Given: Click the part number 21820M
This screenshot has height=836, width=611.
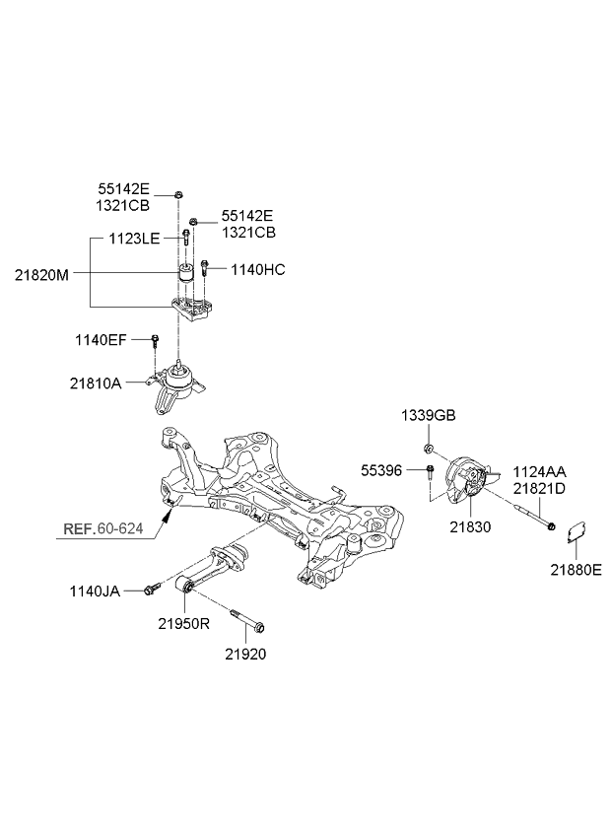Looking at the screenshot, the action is (x=41, y=275).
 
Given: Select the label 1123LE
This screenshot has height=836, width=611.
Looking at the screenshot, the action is (x=134, y=239).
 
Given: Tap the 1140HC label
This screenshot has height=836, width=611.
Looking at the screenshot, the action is (x=258, y=270).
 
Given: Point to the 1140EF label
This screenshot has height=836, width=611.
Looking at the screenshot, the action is (x=101, y=339).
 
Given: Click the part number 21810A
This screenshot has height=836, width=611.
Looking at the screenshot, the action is (x=96, y=383).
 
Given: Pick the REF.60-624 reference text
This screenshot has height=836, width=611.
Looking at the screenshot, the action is (x=102, y=528).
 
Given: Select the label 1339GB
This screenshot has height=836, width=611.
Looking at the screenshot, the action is (x=429, y=416).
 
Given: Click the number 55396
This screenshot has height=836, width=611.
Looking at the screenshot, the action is (x=381, y=471).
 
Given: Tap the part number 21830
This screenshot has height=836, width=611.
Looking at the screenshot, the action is (x=470, y=527).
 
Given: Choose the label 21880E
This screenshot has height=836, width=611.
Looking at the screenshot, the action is (x=577, y=570).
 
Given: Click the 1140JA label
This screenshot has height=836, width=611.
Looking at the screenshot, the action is (x=95, y=592).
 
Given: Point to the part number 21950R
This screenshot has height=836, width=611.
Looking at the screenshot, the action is (x=184, y=623).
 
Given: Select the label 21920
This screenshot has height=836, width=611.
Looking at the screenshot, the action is (x=245, y=654).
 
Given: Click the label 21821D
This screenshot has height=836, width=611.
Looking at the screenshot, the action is (x=539, y=488).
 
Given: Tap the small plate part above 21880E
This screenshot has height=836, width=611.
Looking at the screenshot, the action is (x=576, y=531).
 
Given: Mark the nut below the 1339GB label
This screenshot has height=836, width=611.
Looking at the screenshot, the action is (x=428, y=447).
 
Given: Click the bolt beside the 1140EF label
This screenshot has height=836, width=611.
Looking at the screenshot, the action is (x=155, y=341).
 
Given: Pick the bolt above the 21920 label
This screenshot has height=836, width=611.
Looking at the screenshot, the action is (x=248, y=622).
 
